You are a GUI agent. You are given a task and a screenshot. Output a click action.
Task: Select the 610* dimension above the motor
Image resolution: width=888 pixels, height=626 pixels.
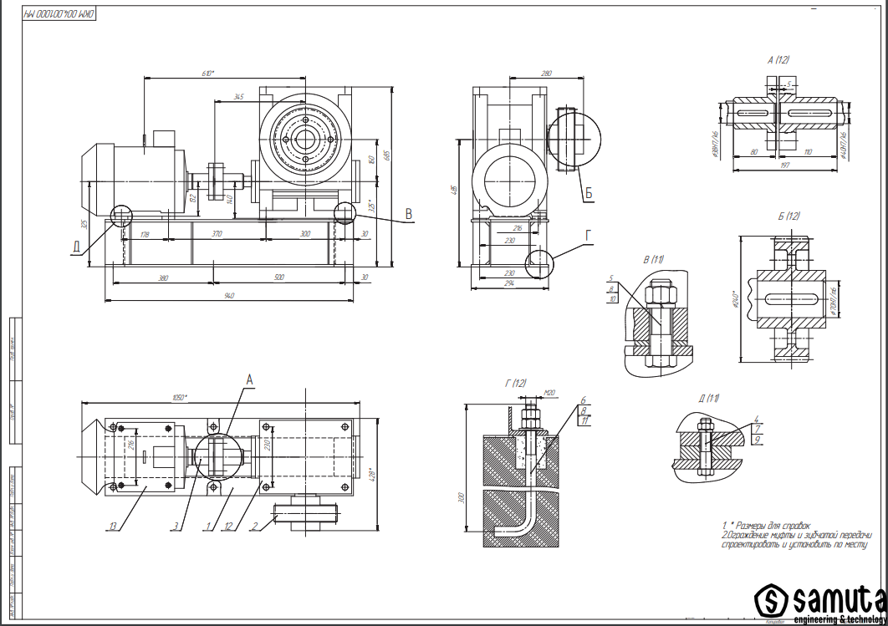(207, 74)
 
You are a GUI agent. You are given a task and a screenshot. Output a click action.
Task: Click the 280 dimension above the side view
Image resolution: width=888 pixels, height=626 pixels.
(547, 74)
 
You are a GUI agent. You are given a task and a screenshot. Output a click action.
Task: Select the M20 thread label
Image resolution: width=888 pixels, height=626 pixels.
(549, 393)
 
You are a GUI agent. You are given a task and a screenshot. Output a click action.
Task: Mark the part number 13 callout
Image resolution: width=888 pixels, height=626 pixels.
(112, 526)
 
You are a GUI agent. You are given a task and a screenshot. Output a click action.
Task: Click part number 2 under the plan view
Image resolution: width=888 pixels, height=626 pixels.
(253, 526)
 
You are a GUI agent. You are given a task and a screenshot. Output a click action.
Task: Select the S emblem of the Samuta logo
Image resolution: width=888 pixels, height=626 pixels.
(771, 598)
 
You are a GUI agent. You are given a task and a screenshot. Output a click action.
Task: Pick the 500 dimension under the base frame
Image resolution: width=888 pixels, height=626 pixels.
(279, 277)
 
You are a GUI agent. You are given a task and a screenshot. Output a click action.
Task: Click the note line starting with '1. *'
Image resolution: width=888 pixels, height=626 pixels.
(766, 525)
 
